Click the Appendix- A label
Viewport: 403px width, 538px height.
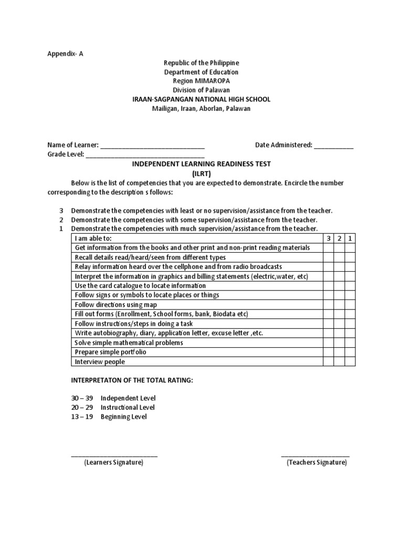[65, 53]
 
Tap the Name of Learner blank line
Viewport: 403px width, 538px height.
[152, 146]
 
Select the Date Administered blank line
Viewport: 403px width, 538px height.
[334, 146]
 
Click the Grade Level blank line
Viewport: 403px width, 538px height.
[145, 155]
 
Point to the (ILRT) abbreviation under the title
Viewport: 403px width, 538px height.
[201, 173]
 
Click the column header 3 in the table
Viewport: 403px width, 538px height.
[328, 238]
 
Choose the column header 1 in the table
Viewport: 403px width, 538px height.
[350, 238]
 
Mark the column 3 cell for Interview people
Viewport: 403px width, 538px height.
[328, 361]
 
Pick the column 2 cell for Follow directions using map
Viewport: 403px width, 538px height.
[340, 305]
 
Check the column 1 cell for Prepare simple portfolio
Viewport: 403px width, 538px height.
[350, 352]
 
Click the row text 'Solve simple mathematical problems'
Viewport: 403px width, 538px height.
[129, 343]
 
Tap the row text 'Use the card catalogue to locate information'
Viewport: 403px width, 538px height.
[140, 285]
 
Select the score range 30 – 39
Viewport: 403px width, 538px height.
[82, 398]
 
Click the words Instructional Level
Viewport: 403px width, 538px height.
[128, 407]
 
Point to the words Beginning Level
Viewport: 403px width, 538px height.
[123, 417]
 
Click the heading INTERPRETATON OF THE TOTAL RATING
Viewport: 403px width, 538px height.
[132, 380]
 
